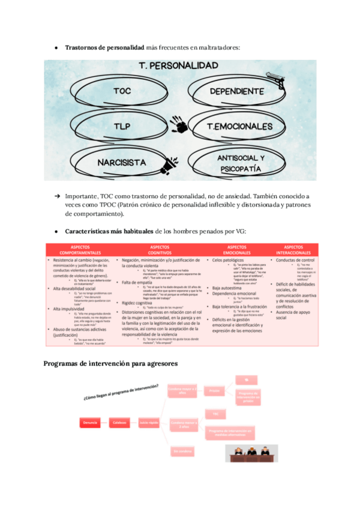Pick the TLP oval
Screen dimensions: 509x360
122,127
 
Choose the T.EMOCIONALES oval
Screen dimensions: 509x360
239,127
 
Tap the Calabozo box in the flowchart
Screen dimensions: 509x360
119,423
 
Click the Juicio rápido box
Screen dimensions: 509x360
150,423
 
